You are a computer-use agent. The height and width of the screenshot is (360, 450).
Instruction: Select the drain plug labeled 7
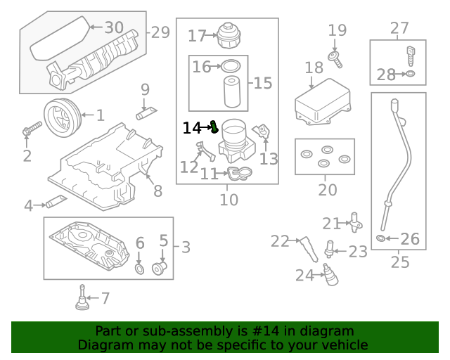pyautogui.click(x=82, y=300)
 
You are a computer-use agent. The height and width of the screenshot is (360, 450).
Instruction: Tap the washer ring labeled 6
pyautogui.click(x=139, y=269)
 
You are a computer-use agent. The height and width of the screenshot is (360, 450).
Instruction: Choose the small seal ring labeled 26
pyautogui.click(x=381, y=239)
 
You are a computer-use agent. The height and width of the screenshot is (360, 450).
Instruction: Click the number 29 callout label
pyautogui.click(x=160, y=32)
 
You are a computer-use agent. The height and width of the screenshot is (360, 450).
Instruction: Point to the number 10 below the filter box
pyautogui.click(x=229, y=200)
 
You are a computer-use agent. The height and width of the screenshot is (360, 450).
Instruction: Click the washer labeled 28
pyautogui.click(x=411, y=74)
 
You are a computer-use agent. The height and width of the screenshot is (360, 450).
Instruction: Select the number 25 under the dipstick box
pyautogui.click(x=399, y=262)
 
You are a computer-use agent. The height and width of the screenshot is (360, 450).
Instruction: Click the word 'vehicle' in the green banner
pyautogui.click(x=343, y=345)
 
